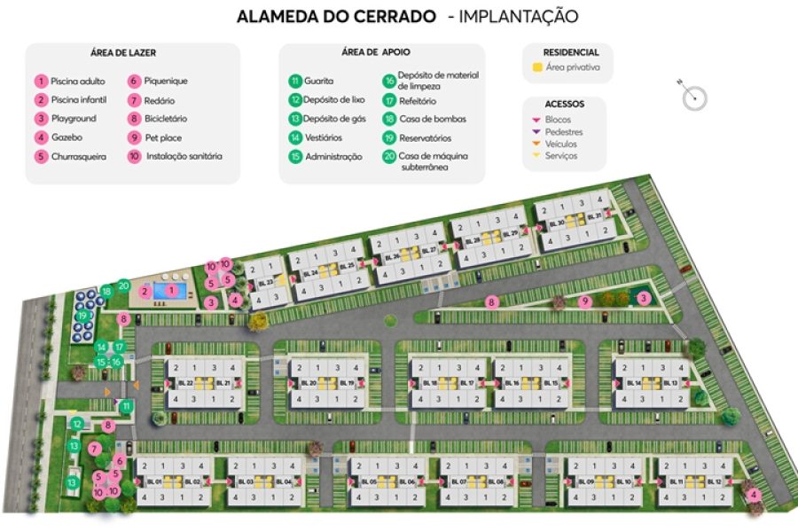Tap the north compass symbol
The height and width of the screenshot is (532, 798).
point(694,96)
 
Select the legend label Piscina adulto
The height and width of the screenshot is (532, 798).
point(78,82)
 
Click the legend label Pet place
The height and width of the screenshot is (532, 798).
point(160,137)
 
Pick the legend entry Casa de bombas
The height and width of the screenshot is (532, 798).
point(432,119)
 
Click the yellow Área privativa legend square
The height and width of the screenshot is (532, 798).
point(537,67)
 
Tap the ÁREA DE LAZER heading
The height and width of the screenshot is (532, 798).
point(123,53)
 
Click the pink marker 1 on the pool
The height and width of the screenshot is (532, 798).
point(169,290)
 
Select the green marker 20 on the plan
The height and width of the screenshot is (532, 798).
point(123,286)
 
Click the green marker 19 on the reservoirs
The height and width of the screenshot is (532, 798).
point(83,315)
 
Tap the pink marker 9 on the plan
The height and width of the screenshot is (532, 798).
point(584,301)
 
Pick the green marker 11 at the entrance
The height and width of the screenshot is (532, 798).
point(127,406)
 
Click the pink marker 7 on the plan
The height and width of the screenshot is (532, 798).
point(95,450)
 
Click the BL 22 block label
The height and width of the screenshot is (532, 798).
point(185,383)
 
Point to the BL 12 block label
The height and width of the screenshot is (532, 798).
point(713,481)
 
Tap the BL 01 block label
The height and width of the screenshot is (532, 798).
point(155,481)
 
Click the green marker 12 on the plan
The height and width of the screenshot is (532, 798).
point(77,425)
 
